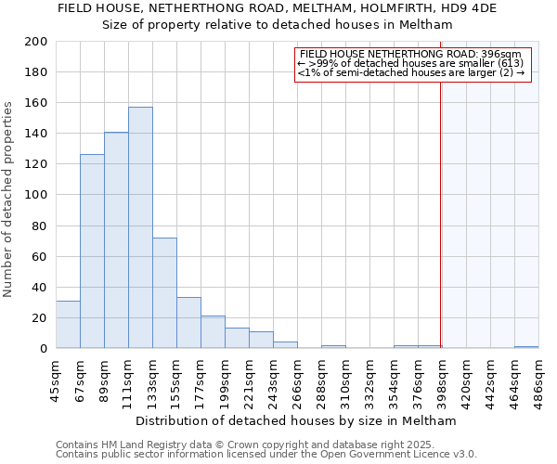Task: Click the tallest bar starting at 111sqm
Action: point(140,227)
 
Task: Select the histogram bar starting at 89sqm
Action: point(116,240)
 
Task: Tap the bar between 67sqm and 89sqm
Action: point(92,251)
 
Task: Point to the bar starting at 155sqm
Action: point(188,323)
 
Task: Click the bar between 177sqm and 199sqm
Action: point(213,332)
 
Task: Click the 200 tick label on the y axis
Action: point(35,42)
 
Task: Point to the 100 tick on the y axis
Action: point(35,195)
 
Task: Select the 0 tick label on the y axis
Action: point(43,349)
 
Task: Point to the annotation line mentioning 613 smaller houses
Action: point(411,63)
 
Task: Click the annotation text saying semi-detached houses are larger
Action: point(411,72)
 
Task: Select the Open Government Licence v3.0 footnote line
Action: point(266,455)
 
